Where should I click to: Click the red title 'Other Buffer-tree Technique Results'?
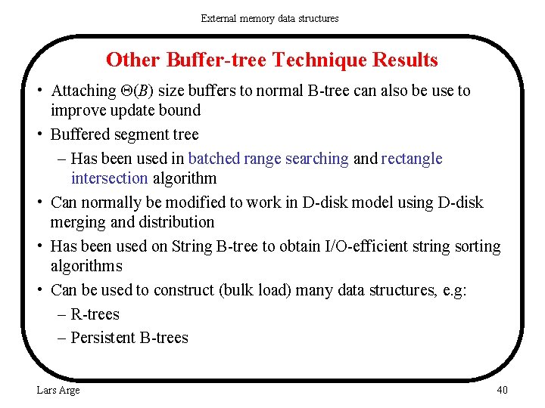[272, 60]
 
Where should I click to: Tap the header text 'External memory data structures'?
[269, 18]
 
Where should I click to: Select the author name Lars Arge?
[58, 390]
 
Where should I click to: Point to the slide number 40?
[502, 390]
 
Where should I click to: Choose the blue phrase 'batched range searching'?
[268, 159]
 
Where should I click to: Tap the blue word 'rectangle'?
[412, 159]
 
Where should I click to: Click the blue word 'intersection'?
[109, 178]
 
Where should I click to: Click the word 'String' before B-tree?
[193, 246]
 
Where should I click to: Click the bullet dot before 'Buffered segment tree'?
[39, 134]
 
